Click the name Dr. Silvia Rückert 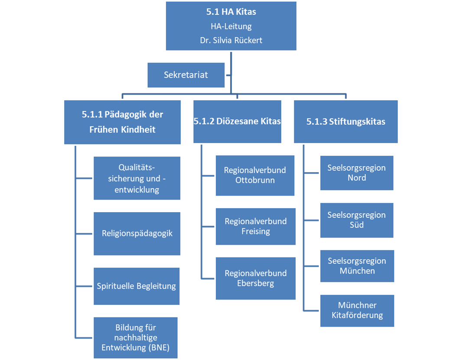[231, 40]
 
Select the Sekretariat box [186, 75]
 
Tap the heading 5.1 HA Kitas [231, 12]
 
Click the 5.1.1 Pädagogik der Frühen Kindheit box [122, 122]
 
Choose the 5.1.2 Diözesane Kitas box [237, 121]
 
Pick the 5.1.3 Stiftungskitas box [345, 121]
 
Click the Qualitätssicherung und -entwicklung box [137, 178]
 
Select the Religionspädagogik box [137, 233]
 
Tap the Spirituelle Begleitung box [137, 286]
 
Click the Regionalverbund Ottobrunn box [255, 175]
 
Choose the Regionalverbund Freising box [255, 226]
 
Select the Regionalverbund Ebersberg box [255, 278]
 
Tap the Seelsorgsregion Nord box [357, 173]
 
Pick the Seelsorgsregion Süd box [357, 220]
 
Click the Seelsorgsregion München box [357, 266]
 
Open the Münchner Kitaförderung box [357, 311]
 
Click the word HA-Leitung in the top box [231, 26]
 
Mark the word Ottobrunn [255, 180]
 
